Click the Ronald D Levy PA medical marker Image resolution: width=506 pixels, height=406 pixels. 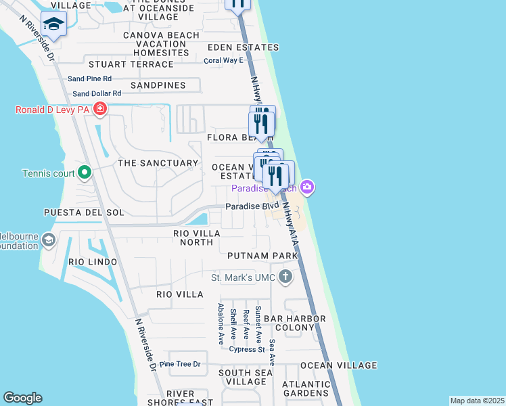(x=100, y=109)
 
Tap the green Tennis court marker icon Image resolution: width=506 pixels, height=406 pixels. (x=84, y=174)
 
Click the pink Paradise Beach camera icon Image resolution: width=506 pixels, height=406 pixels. (x=308, y=187)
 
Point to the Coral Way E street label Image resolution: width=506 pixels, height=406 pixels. (x=224, y=60)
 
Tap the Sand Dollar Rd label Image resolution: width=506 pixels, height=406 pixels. (x=97, y=93)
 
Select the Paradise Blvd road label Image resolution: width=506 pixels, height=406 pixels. (x=252, y=206)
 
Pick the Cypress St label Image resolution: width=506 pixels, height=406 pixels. (x=246, y=350)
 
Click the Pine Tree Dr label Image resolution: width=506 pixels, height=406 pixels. (x=181, y=364)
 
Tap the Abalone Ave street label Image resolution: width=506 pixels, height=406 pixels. (x=221, y=324)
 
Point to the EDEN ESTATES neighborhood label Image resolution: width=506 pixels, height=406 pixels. (x=243, y=47)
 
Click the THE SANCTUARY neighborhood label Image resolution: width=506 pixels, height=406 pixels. (x=158, y=163)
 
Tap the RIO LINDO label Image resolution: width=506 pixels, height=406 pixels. (x=93, y=262)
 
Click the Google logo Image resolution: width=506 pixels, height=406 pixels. (x=22, y=398)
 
